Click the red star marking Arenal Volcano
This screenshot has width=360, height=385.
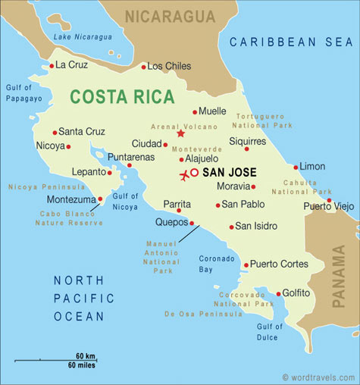tap(180, 133)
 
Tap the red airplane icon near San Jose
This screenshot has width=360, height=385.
tap(183, 176)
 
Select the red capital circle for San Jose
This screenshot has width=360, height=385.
tap(194, 173)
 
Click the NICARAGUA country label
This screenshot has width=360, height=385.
tap(171, 16)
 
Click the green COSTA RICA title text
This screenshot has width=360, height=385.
tap(121, 97)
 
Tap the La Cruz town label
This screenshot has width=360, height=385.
tap(72, 65)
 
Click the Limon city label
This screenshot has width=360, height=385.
tap(312, 166)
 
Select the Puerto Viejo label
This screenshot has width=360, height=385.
tap(328, 206)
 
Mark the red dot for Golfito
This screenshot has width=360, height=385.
tap(278, 293)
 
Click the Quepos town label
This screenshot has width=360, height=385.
tap(171, 223)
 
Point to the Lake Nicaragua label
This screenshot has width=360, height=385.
tap(83, 36)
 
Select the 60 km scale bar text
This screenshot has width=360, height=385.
tap(85, 355)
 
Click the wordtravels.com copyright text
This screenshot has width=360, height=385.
tap(318, 377)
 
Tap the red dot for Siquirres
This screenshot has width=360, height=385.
tap(246, 149)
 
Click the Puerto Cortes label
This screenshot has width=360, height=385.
tap(279, 264)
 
